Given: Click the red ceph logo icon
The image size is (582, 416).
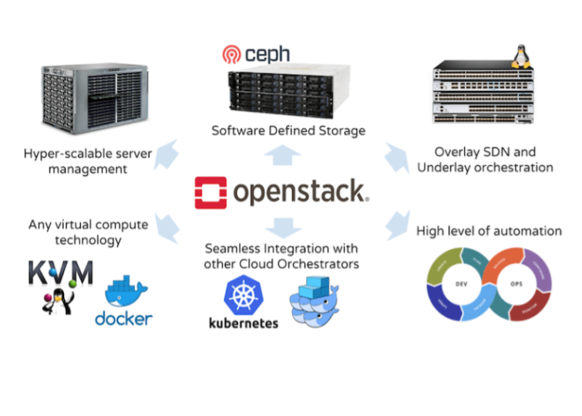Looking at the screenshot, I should point(231,54).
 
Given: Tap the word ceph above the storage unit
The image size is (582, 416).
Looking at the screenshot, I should point(266,54).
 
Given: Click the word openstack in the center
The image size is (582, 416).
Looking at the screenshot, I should point(301,192).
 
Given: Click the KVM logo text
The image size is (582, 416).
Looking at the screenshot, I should point(61,273).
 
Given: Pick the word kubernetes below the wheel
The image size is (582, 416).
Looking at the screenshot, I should point(244,323).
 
